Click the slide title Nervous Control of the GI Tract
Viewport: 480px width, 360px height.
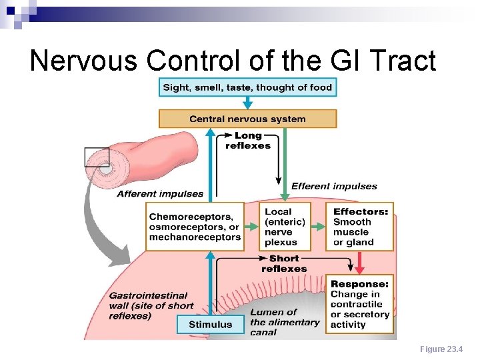(x=233, y=61)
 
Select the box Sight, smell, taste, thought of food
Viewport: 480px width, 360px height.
(x=247, y=87)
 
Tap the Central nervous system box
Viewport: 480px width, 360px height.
(x=247, y=119)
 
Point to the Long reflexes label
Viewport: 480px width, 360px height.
(x=247, y=141)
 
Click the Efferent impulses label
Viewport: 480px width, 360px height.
(x=334, y=187)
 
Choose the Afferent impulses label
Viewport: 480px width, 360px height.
(x=160, y=194)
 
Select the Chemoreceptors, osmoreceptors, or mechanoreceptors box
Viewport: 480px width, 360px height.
(x=195, y=227)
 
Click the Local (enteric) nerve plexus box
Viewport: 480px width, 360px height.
(x=285, y=227)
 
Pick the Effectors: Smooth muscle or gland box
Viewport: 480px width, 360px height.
(x=360, y=227)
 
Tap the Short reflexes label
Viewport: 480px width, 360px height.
(x=285, y=263)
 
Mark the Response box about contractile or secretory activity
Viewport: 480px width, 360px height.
(x=360, y=304)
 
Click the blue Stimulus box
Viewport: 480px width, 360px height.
(x=210, y=325)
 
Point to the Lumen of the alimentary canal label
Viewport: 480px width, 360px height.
(x=285, y=322)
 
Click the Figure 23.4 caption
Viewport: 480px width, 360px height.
(x=441, y=349)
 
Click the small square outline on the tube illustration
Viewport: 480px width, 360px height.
(x=97, y=157)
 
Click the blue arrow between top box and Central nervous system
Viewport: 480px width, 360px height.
(x=247, y=103)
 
